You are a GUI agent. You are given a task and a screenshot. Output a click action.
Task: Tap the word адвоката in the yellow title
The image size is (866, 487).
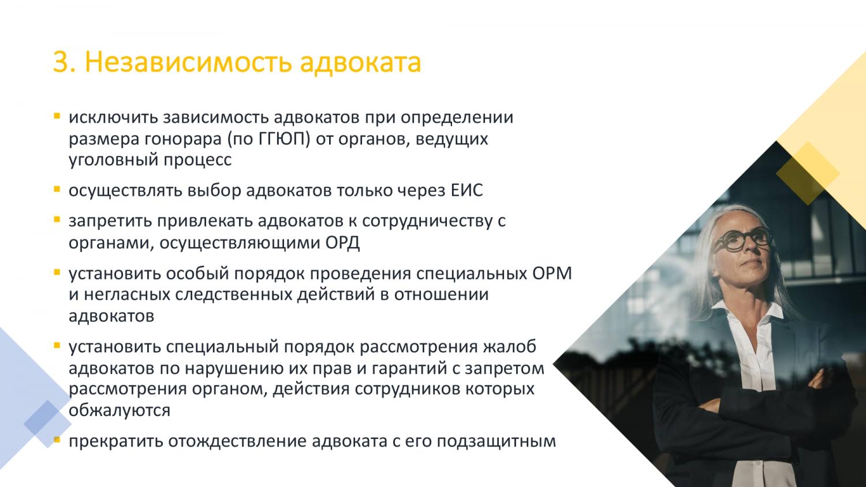point(360,63)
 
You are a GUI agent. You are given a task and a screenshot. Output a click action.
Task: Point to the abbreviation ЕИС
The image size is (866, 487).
point(467,190)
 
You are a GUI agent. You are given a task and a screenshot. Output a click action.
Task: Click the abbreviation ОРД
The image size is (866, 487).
point(342,243)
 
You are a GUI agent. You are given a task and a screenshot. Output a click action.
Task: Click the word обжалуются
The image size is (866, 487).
point(120,410)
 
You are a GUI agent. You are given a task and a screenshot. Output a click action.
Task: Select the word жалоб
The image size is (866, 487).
point(509,347)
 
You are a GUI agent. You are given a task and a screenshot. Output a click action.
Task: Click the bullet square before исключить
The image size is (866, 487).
point(57,116)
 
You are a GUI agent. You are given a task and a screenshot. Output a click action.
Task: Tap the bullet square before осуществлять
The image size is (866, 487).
point(57,189)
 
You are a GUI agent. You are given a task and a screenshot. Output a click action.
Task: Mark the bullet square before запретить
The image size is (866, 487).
point(57,220)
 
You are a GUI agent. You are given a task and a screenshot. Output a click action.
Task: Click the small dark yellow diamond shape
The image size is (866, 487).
point(808,173)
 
